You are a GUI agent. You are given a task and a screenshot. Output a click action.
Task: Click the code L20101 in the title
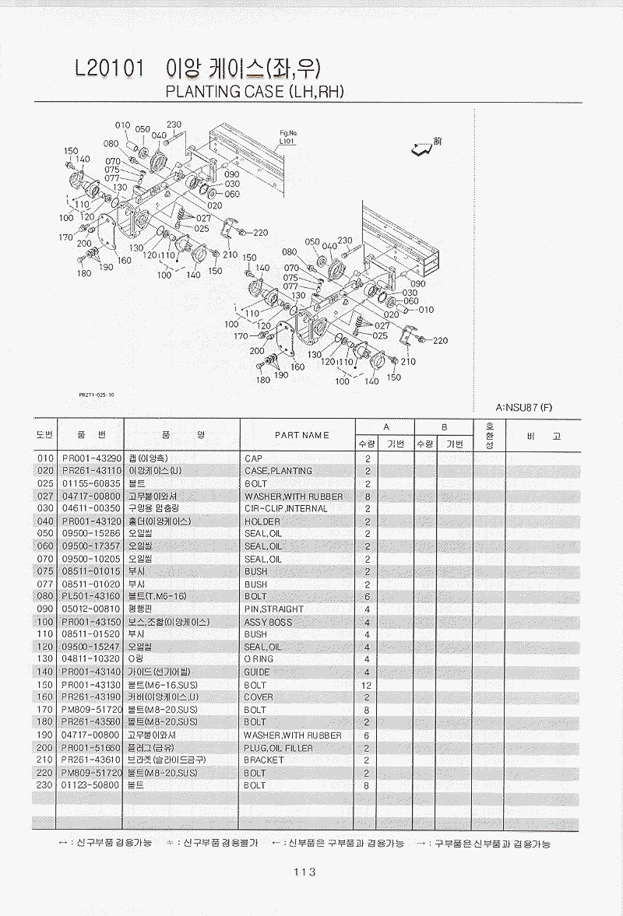coord(109,69)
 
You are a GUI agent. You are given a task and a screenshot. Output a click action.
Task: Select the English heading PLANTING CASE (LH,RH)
coord(256,92)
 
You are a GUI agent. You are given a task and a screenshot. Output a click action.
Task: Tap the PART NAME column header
coord(301,435)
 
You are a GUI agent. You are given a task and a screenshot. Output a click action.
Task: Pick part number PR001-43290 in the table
coord(91,458)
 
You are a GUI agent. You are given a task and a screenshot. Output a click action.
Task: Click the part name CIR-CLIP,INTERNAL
coord(286,509)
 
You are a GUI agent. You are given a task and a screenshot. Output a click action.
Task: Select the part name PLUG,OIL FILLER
coord(280,748)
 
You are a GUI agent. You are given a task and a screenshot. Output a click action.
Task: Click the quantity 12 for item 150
coord(366,685)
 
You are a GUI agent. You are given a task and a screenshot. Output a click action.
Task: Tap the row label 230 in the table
coord(44,786)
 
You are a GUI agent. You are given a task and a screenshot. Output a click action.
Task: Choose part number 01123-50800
coord(91,786)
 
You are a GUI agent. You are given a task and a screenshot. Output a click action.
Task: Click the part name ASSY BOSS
coord(268,622)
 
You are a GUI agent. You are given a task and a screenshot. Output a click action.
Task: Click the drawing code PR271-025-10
coord(97,395)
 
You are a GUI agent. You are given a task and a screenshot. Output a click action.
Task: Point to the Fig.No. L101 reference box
coord(287,139)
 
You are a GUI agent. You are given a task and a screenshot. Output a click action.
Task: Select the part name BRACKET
coord(264,760)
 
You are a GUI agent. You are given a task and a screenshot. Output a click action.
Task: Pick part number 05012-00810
coord(91,609)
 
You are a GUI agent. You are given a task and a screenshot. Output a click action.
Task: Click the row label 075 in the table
coord(44,571)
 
